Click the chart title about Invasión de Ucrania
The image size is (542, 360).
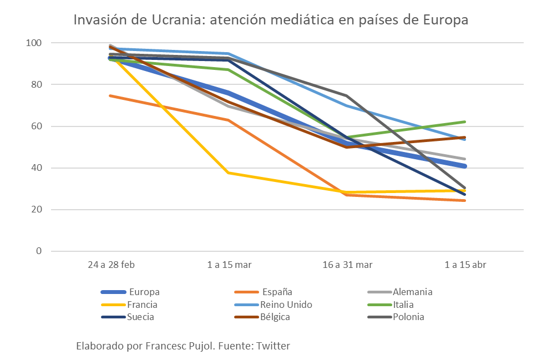pos(271,20)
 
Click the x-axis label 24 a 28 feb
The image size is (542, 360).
pos(111,265)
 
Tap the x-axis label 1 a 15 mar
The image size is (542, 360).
pos(229,265)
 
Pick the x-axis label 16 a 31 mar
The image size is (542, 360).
pos(347,265)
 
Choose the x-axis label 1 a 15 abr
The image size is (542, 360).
pos(465,265)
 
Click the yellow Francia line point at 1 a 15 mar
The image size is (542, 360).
pos(229,173)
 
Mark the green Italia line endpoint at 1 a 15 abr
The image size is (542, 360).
pos(464,122)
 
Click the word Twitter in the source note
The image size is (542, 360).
pos(272,346)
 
